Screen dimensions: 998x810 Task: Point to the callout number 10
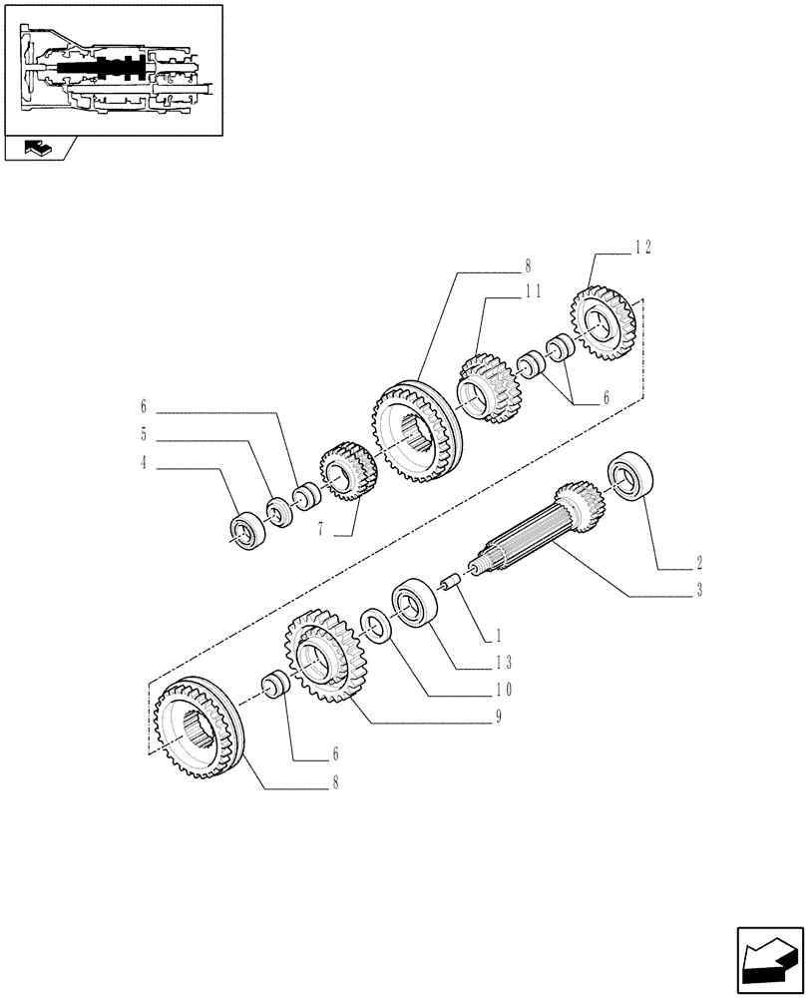[x=505, y=689]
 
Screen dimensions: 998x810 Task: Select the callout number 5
[x=144, y=434]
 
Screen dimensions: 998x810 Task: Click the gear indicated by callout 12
[x=604, y=320]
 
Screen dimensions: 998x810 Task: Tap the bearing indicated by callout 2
[x=632, y=474]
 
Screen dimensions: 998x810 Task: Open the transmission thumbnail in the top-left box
[x=112, y=70]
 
